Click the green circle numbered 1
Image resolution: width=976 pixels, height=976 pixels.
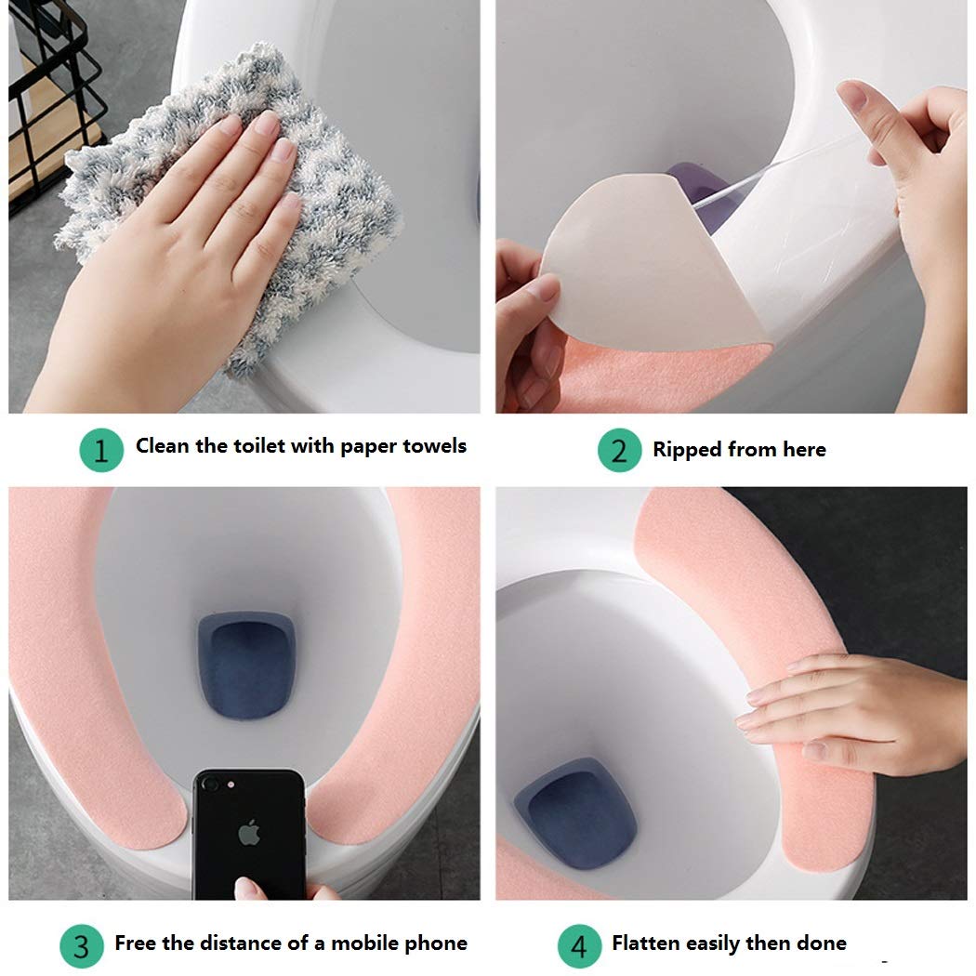pos(101,450)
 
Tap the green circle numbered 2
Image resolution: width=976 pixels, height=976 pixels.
pos(619,450)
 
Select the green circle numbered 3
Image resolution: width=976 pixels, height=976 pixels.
pos(82,946)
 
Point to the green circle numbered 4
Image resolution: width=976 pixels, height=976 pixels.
pos(579,946)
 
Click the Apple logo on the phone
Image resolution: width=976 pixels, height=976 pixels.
pos(249,833)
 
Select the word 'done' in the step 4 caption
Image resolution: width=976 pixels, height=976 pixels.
pos(822,943)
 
